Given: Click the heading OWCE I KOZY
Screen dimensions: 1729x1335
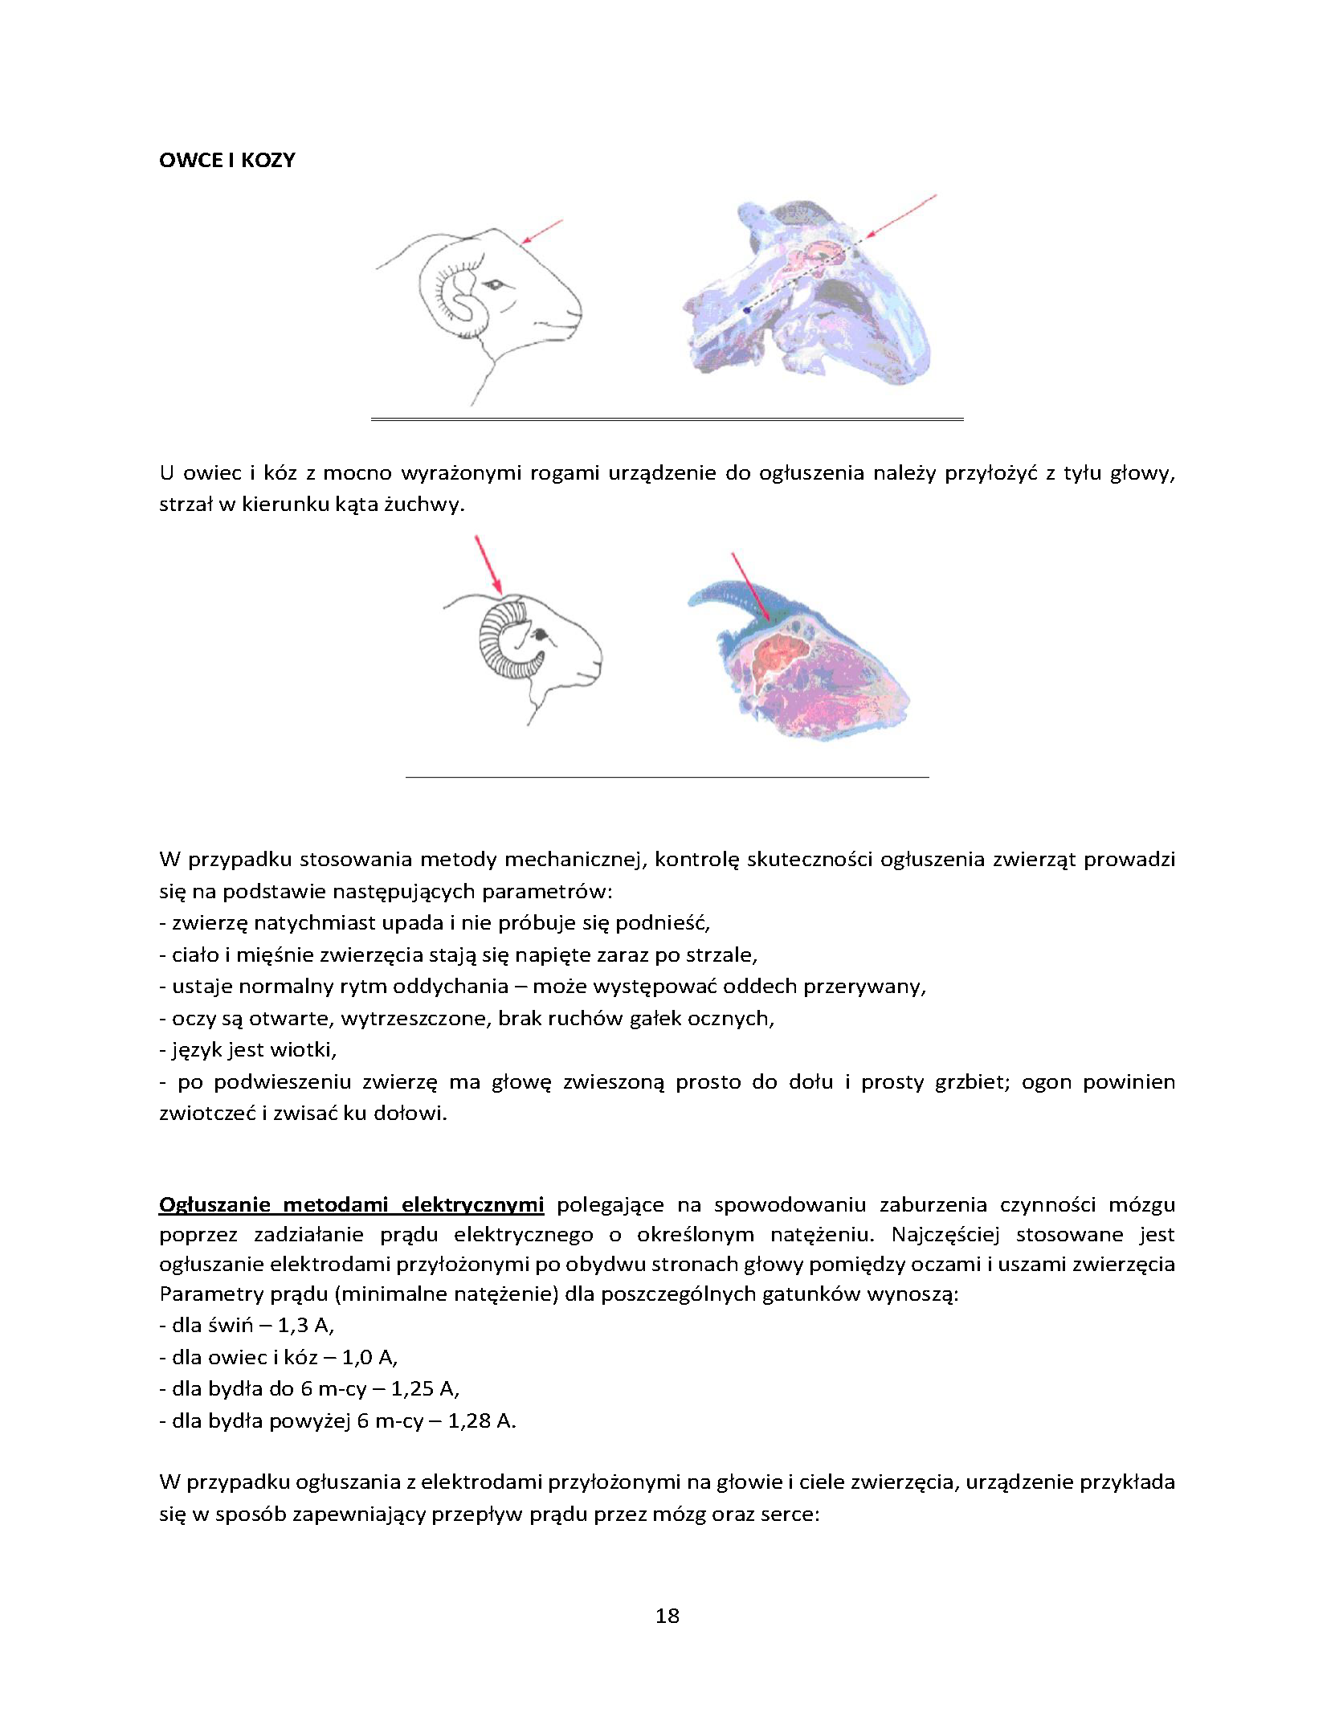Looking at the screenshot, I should coord(227,160).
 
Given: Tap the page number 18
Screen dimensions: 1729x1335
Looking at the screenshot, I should coord(667,1615).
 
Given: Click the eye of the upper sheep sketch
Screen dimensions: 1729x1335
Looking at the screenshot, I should coord(493,284).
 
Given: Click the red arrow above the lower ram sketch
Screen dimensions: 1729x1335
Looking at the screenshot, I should coord(488,565).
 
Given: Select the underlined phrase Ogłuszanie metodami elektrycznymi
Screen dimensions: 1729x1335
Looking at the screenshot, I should coord(351,1204).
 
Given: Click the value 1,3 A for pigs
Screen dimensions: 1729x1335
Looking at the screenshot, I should coord(305,1325).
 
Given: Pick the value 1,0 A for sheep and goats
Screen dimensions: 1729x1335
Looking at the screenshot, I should coord(369,1357).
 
